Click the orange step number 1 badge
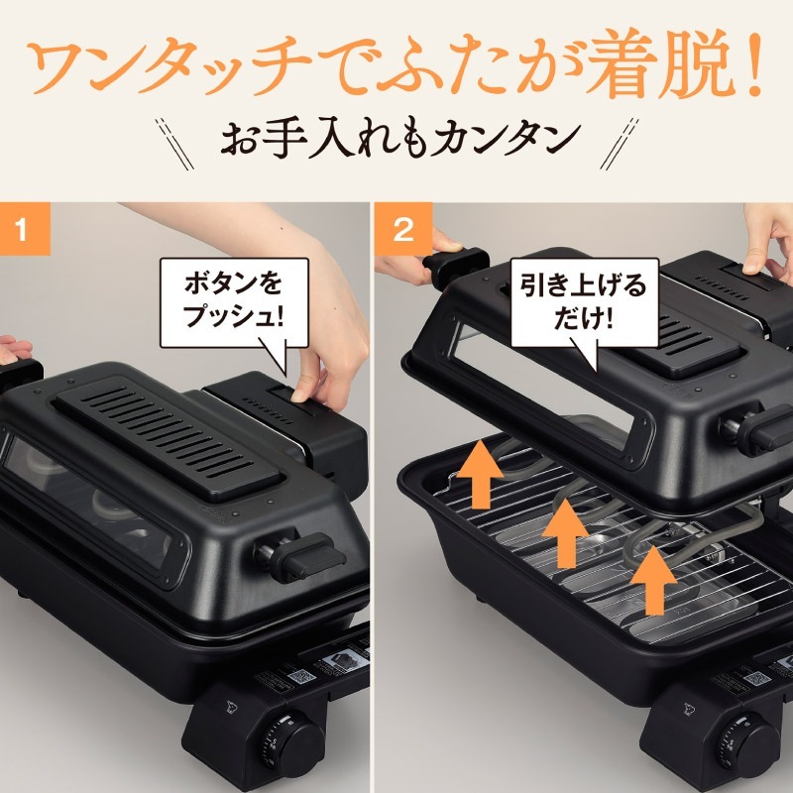24,231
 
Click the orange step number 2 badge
403,231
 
